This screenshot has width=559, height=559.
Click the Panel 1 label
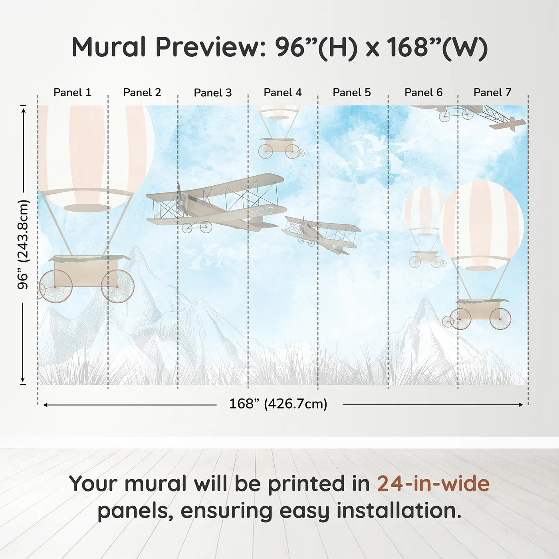72,92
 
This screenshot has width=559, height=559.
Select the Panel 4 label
282,92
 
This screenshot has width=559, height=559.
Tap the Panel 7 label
492,92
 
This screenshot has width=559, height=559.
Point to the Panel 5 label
351,92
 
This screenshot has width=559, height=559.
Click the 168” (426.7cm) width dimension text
278,404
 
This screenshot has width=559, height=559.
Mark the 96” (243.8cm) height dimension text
23,244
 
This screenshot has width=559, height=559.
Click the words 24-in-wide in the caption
433,484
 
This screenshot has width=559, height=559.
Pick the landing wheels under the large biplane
197,227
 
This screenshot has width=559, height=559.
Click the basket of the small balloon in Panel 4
278,145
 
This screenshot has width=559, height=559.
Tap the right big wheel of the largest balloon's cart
117,286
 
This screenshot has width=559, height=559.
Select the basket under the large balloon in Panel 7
481,309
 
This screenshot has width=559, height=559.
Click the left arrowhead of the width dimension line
45,405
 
